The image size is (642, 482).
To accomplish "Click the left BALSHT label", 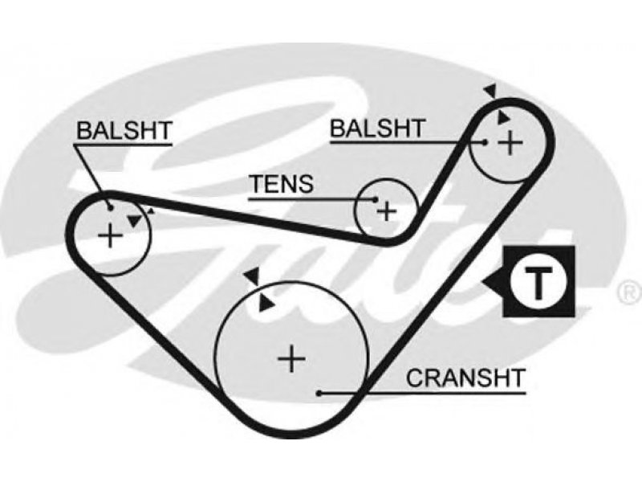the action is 124,131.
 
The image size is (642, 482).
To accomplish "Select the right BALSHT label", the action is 377,129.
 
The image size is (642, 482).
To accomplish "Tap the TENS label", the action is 282,184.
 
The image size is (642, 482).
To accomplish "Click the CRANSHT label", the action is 465,378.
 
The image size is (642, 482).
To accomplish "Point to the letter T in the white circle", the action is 538,282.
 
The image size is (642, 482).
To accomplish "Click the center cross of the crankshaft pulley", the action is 291,359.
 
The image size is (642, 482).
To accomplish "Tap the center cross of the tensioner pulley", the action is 387,211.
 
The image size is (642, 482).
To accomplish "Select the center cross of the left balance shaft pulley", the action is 110,235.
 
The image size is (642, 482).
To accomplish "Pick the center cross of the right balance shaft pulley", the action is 510,143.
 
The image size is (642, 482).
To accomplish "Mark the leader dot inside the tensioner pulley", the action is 376,199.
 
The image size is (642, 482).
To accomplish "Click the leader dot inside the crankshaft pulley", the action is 319,394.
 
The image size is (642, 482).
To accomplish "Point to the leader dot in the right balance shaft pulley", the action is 485,143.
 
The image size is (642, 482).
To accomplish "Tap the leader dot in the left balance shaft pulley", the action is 110,208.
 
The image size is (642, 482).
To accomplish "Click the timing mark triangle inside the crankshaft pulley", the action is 266,304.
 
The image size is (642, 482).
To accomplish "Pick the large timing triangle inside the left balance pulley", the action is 135,221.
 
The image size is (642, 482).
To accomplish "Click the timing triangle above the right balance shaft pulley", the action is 491,92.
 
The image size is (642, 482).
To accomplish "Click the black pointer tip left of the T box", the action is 482,282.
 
